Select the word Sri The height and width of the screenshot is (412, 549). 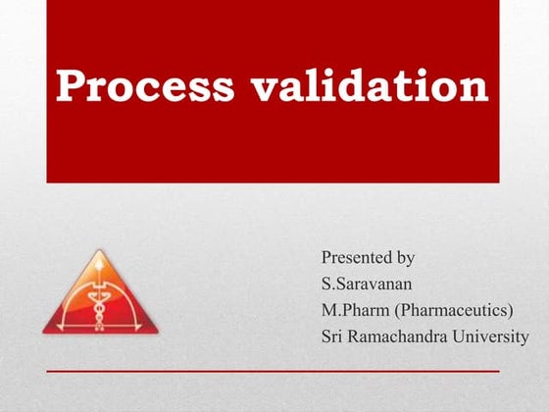[x=332, y=336]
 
